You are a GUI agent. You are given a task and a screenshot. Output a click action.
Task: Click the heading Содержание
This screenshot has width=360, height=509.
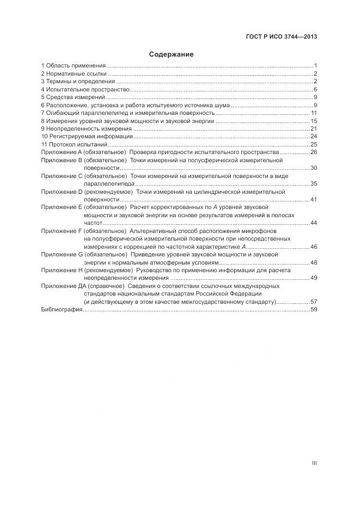[x=172, y=54]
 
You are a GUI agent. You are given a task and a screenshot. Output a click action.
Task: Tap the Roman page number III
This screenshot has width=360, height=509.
[x=314, y=463]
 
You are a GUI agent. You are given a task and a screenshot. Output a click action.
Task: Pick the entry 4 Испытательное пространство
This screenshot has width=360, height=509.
[x=85, y=89]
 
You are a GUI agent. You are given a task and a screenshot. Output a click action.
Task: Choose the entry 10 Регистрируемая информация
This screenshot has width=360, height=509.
[x=87, y=136]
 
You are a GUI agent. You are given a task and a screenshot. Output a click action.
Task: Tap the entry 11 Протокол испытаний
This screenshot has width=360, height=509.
[x=75, y=144]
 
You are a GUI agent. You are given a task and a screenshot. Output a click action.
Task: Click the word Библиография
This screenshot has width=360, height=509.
[x=62, y=309]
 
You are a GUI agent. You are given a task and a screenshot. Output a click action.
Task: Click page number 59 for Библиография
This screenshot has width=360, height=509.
[x=314, y=309]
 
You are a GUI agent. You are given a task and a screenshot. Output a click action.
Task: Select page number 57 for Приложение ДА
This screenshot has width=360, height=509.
[x=314, y=302]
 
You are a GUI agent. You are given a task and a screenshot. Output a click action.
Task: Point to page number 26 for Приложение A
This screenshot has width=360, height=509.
[x=314, y=152]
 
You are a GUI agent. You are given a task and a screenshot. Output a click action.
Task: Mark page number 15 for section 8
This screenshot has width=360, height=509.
[x=314, y=121]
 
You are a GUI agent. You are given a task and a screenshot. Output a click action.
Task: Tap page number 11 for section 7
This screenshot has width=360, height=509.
[x=314, y=113]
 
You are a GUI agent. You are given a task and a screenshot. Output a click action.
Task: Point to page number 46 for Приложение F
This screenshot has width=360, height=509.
[x=314, y=247]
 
